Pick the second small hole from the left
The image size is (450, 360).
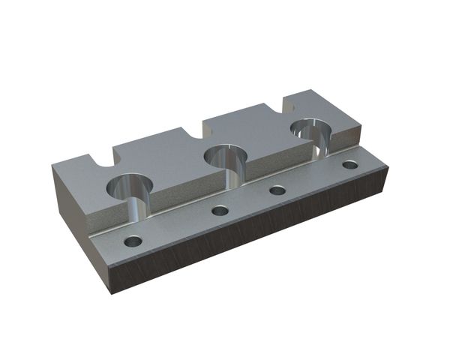220,211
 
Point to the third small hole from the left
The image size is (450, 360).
278,190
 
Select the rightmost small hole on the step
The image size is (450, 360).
349,164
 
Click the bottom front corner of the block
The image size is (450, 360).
112,293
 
